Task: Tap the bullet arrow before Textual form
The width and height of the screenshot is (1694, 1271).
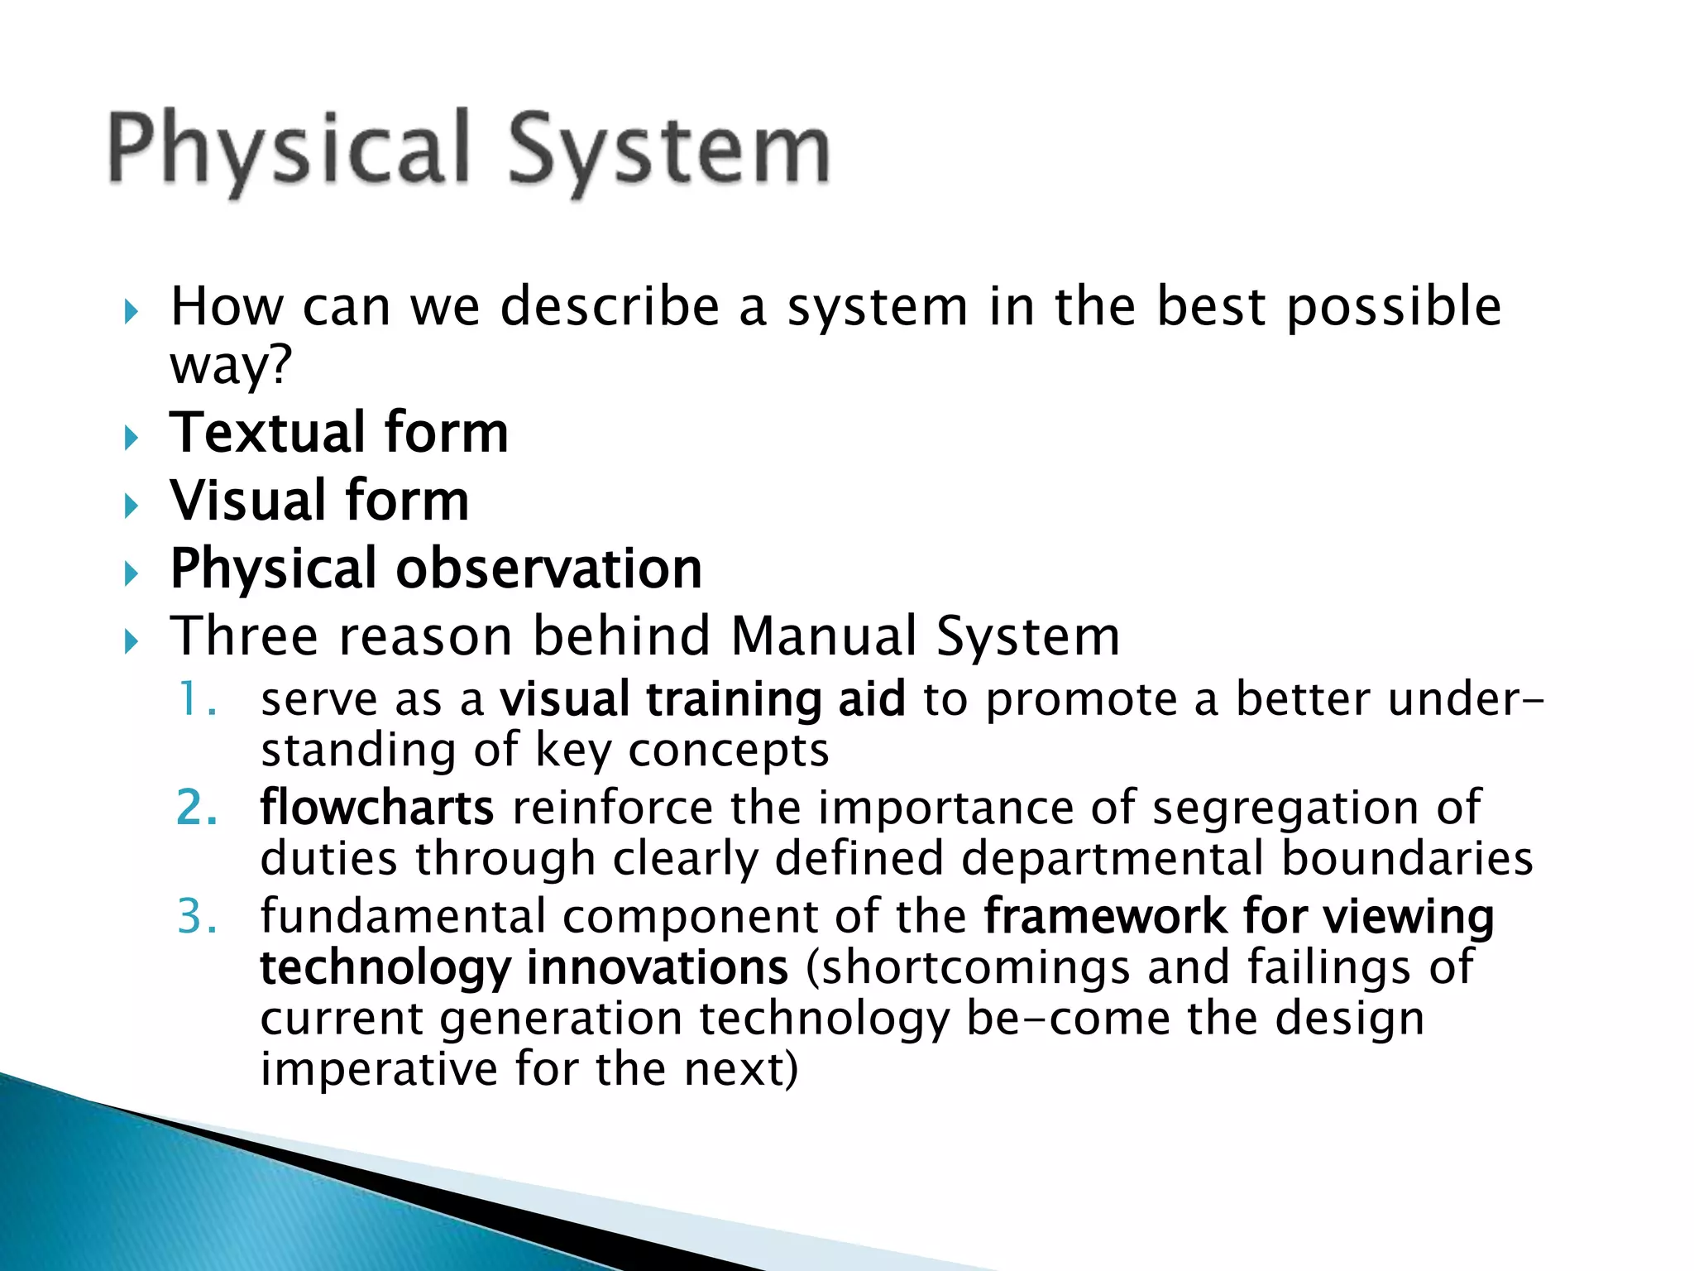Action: (132, 437)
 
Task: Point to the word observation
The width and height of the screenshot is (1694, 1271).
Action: (548, 569)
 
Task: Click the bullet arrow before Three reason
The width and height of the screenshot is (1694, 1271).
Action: (132, 641)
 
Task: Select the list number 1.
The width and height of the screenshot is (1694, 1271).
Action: (197, 700)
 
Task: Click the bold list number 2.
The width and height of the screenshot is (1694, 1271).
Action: (197, 808)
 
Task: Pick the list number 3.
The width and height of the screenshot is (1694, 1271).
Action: (197, 917)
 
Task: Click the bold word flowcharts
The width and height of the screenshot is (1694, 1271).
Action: (377, 808)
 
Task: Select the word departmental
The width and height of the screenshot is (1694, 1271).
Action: (1112, 858)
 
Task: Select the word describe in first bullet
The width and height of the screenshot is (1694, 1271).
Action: (610, 307)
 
